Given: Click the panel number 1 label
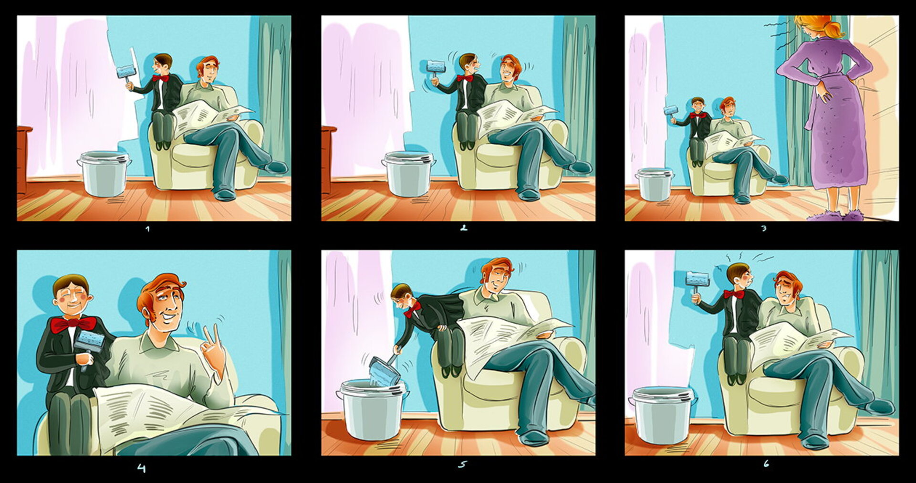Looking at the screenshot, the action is click(147, 229).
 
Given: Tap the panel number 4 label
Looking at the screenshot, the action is click(142, 468).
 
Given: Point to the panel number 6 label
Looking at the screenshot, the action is click(766, 463).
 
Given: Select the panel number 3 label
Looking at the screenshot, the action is click(764, 228).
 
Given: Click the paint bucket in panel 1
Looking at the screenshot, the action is click(104, 174).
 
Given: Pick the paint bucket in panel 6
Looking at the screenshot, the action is click(662, 415).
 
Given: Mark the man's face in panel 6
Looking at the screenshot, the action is click(785, 289).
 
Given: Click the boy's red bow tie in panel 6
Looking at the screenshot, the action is click(734, 294).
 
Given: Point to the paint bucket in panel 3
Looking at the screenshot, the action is click(654, 184).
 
